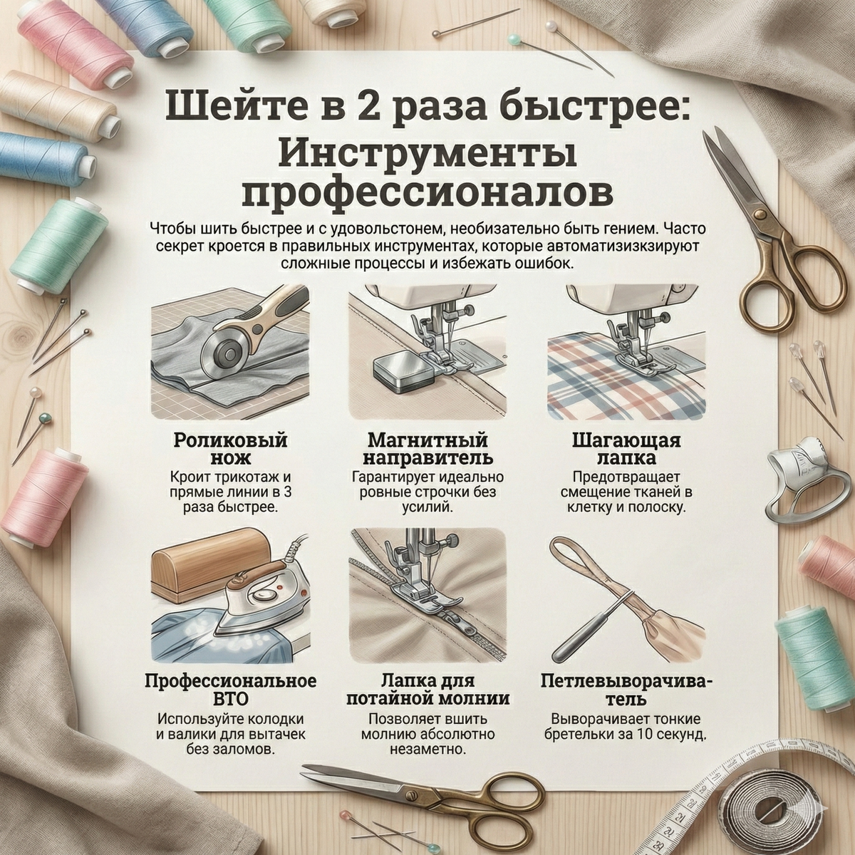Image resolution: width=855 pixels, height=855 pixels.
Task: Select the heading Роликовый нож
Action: [230, 449]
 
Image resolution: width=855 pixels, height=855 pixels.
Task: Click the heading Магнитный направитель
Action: [428, 449]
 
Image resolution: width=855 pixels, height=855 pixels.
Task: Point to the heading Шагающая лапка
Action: [626, 449]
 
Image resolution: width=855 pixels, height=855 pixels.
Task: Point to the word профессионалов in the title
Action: [429, 194]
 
